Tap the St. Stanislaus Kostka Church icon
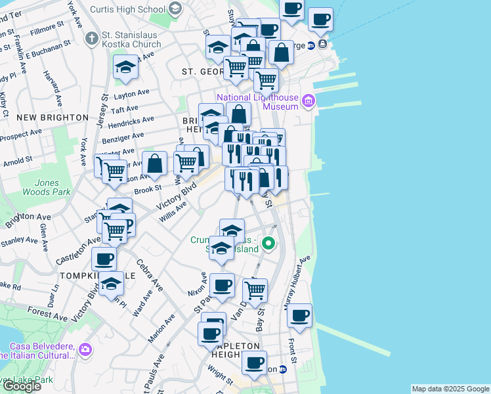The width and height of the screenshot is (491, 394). [93, 39]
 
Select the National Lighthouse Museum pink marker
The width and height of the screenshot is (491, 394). [309, 101]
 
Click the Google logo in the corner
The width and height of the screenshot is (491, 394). [21, 385]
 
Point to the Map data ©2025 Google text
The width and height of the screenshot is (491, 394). [450, 389]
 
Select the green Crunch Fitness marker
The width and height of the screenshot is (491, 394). [268, 244]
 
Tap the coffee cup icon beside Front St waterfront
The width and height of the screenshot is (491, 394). [300, 315]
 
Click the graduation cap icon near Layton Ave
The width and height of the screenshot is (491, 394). [125, 67]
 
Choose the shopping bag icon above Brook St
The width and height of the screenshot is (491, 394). [155, 164]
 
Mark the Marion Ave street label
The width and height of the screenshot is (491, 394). [161, 328]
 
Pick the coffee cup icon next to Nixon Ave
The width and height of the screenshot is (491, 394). [222, 286]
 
